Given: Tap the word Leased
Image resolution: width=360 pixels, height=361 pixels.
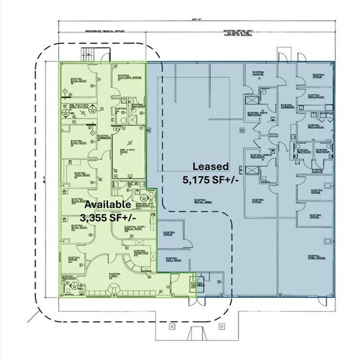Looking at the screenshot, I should (211, 166).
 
